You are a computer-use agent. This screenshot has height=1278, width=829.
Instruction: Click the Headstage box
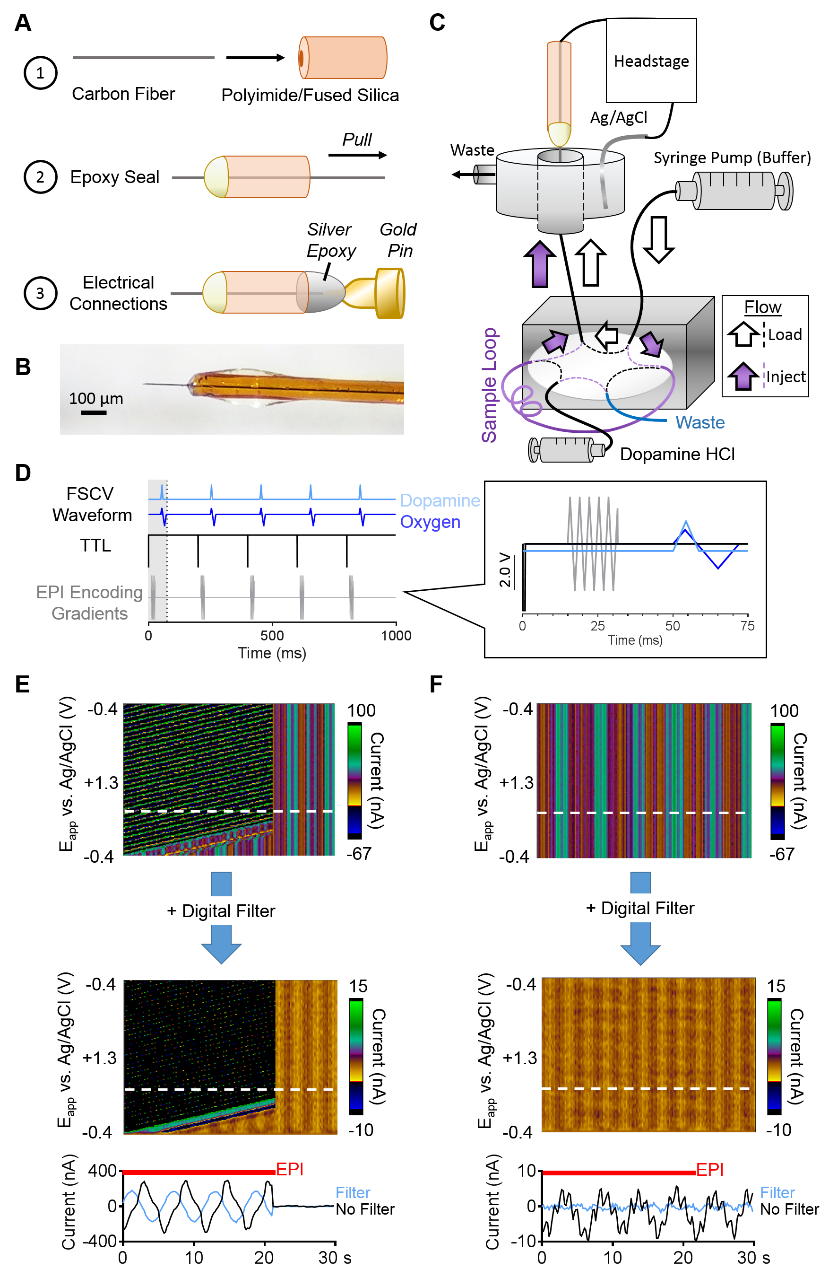click(651, 61)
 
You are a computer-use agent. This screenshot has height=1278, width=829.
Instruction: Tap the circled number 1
click(40, 73)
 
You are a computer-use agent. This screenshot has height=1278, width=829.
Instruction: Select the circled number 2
click(40, 177)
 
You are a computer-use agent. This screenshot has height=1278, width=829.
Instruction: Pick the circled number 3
click(40, 293)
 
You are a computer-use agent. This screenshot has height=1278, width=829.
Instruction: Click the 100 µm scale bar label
click(95, 398)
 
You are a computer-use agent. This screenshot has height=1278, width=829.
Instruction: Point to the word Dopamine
click(440, 500)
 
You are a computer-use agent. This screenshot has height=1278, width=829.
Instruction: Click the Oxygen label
click(430, 522)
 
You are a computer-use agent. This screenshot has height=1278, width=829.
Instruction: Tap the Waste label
click(699, 422)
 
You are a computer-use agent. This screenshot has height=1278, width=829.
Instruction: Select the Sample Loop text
click(489, 385)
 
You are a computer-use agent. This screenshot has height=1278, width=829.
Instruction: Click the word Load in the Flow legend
click(785, 334)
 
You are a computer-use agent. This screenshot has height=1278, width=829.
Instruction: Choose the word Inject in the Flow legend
click(786, 377)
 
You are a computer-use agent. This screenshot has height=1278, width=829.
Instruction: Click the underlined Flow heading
click(762, 307)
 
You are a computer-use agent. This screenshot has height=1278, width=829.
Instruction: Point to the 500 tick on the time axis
click(272, 636)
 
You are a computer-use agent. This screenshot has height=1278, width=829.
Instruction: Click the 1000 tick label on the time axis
click(396, 636)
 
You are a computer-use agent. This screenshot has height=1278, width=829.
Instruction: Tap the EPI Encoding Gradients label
click(90, 603)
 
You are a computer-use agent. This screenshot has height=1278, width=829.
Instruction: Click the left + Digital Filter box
click(221, 910)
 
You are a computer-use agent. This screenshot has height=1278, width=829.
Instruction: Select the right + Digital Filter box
click(640, 908)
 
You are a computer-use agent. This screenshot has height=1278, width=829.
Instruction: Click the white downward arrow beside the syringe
click(658, 239)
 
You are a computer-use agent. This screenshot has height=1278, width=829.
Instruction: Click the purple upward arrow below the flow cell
click(540, 264)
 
